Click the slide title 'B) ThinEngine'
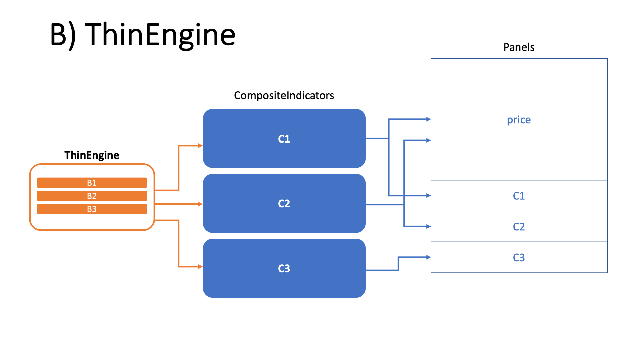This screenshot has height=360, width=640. pyautogui.click(x=143, y=34)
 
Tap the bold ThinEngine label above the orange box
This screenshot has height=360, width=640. pyautogui.click(x=92, y=155)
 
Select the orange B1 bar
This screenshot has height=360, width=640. pyautogui.click(x=92, y=183)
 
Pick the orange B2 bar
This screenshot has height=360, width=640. pyautogui.click(x=92, y=196)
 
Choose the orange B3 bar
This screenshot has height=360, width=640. pyautogui.click(x=92, y=209)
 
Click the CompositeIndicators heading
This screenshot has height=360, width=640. pyautogui.click(x=284, y=95)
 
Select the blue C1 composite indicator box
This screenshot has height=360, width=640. pyautogui.click(x=284, y=138)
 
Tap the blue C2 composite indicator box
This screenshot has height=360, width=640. pyautogui.click(x=284, y=203)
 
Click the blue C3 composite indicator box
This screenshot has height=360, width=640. pyautogui.click(x=284, y=268)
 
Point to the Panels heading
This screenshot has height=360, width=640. pyautogui.click(x=519, y=47)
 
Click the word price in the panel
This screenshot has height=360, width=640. pyautogui.click(x=519, y=119)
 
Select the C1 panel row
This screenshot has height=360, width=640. pyautogui.click(x=519, y=196)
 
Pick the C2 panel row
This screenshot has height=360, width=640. pyautogui.click(x=519, y=227)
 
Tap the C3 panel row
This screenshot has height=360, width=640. pyautogui.click(x=519, y=257)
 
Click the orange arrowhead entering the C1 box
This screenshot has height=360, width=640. pyautogui.click(x=200, y=146)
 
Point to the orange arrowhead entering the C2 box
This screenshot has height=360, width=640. pyautogui.click(x=200, y=204)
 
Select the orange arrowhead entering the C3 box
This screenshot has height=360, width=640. pyautogui.click(x=200, y=267)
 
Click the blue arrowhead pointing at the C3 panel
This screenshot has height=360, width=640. pyautogui.click(x=428, y=257)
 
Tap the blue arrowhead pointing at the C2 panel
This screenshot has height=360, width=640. pyautogui.click(x=428, y=227)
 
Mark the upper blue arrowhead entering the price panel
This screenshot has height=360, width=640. pyautogui.click(x=428, y=119)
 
